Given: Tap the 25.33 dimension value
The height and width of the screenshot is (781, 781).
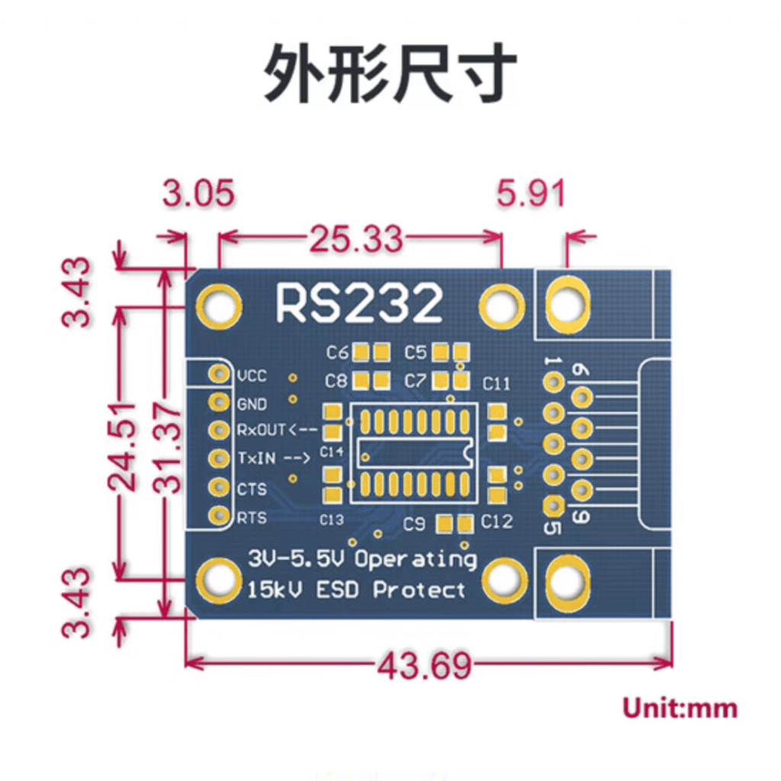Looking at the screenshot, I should tap(355, 239).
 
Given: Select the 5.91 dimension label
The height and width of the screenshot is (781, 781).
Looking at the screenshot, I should tap(531, 194).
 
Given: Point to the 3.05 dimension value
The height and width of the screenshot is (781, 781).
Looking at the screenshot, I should tap(198, 194).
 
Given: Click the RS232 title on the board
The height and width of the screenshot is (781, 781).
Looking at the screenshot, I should tap(358, 303).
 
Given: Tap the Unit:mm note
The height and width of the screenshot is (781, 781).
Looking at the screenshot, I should tap(680, 708).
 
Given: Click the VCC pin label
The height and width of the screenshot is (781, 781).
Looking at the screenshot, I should tap(252, 376).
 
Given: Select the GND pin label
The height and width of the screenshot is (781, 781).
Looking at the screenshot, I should tap(252, 404).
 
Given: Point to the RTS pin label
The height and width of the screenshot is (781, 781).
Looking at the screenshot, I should tap(252, 519).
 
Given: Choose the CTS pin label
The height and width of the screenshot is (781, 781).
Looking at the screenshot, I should tap(252, 489).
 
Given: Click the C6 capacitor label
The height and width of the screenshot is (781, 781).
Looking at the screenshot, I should tap(337, 353).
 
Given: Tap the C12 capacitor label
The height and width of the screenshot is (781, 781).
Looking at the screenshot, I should tap(497, 522).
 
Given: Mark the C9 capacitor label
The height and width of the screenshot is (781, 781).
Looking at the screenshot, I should tap(414, 524).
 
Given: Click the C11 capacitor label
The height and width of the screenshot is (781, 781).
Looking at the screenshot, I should tap(497, 382).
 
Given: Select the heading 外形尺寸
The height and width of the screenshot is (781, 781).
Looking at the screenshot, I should tap(390, 74).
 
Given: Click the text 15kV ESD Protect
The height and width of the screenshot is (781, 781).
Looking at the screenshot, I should tap(356, 590).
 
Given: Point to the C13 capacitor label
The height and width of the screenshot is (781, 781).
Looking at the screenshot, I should tap(331, 520).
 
